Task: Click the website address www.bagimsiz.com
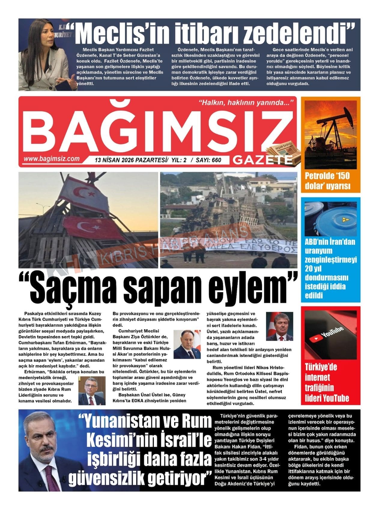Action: click(51, 159)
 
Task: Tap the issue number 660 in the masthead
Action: click(216, 160)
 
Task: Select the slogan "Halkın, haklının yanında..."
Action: click(246, 103)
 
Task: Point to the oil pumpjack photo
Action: click(330, 134)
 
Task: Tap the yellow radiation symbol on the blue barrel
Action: click(346, 220)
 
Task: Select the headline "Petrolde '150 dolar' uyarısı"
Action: click(328, 181)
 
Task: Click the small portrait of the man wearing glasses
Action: click(92, 390)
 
